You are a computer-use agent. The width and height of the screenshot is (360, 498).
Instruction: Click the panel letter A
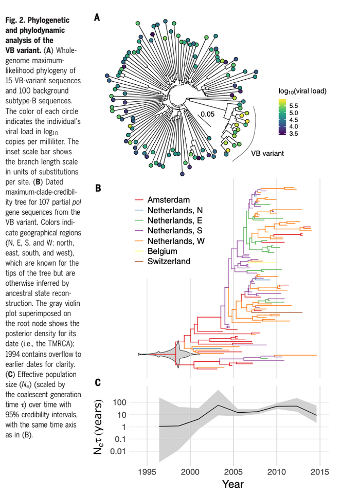pyautogui.click(x=97, y=19)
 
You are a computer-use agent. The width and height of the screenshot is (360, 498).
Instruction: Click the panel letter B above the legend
pyautogui.click(x=97, y=188)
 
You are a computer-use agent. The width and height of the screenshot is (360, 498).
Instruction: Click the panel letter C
pyautogui.click(x=97, y=382)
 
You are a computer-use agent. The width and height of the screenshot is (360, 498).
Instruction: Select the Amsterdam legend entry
pyautogui.click(x=168, y=200)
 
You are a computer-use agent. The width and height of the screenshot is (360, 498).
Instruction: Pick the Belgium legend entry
pyautogui.click(x=162, y=251)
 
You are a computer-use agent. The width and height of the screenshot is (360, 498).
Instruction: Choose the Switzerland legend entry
pyautogui.click(x=169, y=262)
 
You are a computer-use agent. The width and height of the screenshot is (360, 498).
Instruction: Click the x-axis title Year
pyautogui.click(x=233, y=484)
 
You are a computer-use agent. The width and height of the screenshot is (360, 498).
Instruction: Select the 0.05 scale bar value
pyautogui.click(x=208, y=114)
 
